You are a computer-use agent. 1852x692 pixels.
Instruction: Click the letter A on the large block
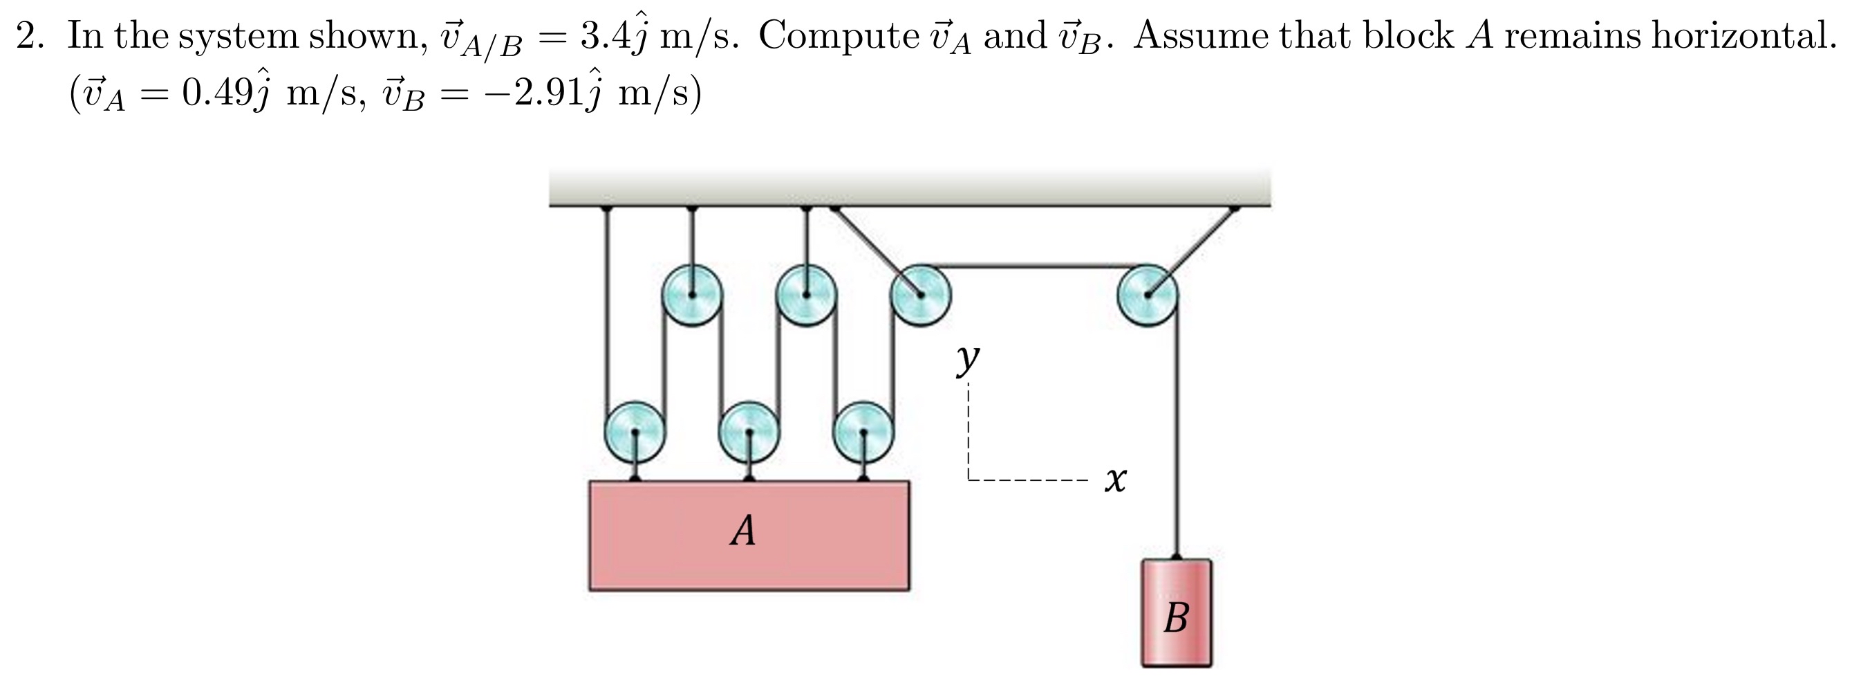[x=742, y=531]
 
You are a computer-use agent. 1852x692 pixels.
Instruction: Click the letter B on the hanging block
[x=1176, y=617]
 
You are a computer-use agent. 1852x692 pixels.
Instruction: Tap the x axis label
[x=1115, y=479]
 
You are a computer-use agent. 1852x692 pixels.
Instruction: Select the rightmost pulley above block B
[x=1148, y=295]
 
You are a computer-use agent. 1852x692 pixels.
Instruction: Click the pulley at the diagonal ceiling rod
[x=920, y=295]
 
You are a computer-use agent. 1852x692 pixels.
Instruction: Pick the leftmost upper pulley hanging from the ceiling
[x=691, y=295]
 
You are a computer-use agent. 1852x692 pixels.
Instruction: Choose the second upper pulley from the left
[x=806, y=295]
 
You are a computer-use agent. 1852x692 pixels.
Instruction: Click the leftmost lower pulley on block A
[x=635, y=432]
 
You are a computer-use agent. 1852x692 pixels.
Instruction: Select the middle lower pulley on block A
[x=749, y=432]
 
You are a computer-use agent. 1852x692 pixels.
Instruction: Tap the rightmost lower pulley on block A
[x=863, y=432]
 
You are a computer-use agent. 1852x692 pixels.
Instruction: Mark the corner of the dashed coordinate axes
[x=969, y=479]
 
